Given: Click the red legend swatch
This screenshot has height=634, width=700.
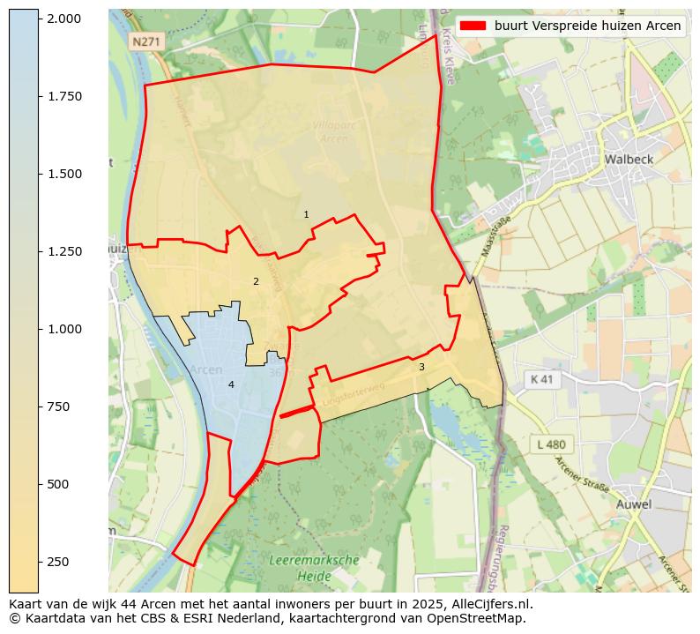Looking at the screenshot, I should [473, 26].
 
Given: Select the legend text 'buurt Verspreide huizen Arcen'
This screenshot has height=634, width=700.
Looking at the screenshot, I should [587, 26].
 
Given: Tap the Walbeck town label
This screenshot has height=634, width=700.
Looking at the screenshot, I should [629, 160].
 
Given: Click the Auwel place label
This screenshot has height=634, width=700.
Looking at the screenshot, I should [633, 504].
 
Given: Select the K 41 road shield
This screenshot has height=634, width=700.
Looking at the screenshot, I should [542, 379].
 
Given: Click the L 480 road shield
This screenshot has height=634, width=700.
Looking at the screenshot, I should [551, 444].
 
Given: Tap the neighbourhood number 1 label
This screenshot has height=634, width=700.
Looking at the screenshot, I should [306, 214].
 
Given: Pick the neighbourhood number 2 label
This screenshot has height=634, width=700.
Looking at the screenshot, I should [256, 282].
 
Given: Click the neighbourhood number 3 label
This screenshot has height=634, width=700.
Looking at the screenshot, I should [421, 367].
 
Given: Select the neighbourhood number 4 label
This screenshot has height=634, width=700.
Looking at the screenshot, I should [231, 384].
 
